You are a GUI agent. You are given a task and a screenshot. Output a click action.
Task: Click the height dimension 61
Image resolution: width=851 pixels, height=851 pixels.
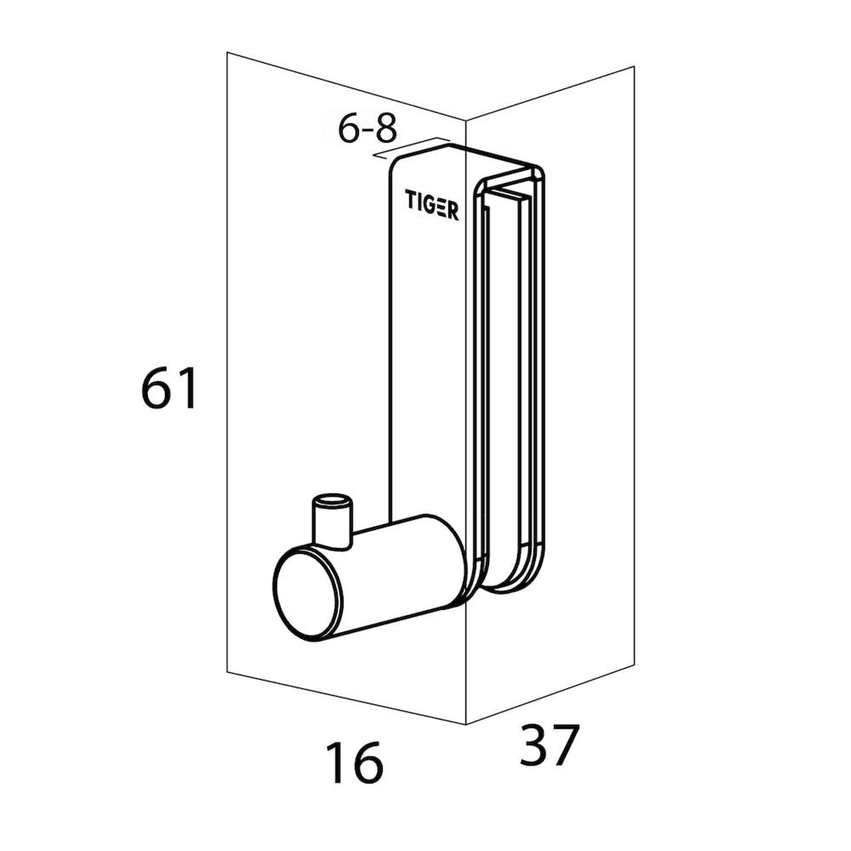coord(168,388)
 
